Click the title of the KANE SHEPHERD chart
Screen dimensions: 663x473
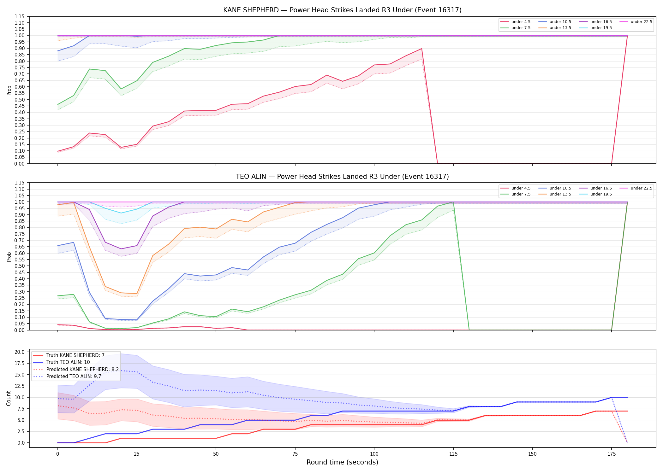tap(342, 10)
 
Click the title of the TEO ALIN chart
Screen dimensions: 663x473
tap(342, 177)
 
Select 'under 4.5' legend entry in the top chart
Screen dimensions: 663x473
tap(516, 22)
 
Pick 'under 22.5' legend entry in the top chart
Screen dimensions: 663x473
tap(636, 22)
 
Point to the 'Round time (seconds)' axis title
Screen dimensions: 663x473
tap(342, 462)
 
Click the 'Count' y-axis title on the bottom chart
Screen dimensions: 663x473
tap(9, 398)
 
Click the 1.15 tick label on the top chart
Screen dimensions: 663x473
tap(20, 16)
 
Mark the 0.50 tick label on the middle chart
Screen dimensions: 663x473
tap(20, 266)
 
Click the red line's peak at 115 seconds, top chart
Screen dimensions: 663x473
tap(421, 49)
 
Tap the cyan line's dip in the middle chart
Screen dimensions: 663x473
tap(121, 213)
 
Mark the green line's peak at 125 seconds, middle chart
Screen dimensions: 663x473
tap(453, 202)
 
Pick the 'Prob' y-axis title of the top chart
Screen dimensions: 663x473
tap(9, 90)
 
